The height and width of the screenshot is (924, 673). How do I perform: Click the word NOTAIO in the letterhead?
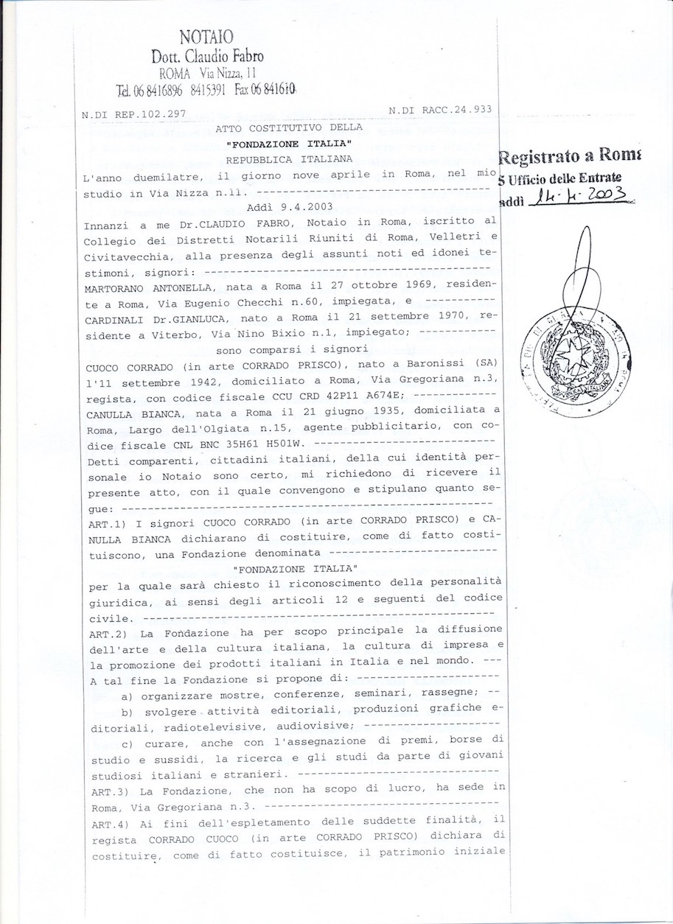click(206, 37)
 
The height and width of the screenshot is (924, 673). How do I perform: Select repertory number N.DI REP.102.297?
click(133, 114)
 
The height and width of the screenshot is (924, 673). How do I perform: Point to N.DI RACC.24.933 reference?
click(439, 111)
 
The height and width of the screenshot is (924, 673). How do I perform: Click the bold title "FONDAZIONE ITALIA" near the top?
click(289, 144)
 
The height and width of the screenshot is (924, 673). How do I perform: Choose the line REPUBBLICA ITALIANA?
click(289, 158)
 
